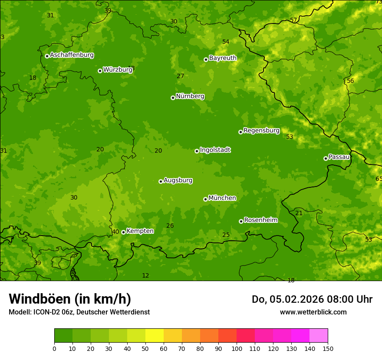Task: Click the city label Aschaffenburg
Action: tap(72, 55)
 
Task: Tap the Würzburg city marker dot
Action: tap(100, 71)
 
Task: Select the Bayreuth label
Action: tap(223, 58)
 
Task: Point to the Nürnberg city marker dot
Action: tap(173, 98)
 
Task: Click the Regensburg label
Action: tap(261, 131)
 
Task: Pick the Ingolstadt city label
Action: tap(215, 150)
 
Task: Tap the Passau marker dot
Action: tap(326, 158)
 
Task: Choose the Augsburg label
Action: tap(178, 180)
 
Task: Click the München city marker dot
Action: tap(205, 199)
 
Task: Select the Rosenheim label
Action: tap(260, 220)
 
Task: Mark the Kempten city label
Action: tap(140, 231)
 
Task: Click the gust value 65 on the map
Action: tap(379, 179)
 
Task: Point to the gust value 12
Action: tap(145, 275)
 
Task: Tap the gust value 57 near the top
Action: tap(293, 20)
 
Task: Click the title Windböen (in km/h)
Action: tap(70, 299)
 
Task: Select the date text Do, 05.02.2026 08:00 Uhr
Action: tap(312, 299)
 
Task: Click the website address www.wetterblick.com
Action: tap(313, 312)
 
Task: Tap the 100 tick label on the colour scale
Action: tap(237, 348)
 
